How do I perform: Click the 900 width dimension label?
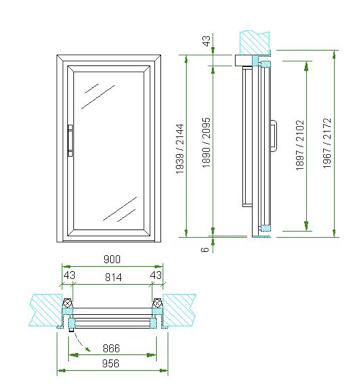[112, 259]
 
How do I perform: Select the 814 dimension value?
[113, 277]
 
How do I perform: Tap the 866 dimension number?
[111, 348]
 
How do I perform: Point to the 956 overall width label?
[110, 363]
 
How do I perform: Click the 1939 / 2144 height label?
[180, 149]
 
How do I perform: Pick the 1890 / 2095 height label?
[207, 143]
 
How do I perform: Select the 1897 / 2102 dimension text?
[300, 145]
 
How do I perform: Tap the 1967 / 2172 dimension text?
[328, 143]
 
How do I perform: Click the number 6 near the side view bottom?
[206, 249]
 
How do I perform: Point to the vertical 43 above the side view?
[207, 41]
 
